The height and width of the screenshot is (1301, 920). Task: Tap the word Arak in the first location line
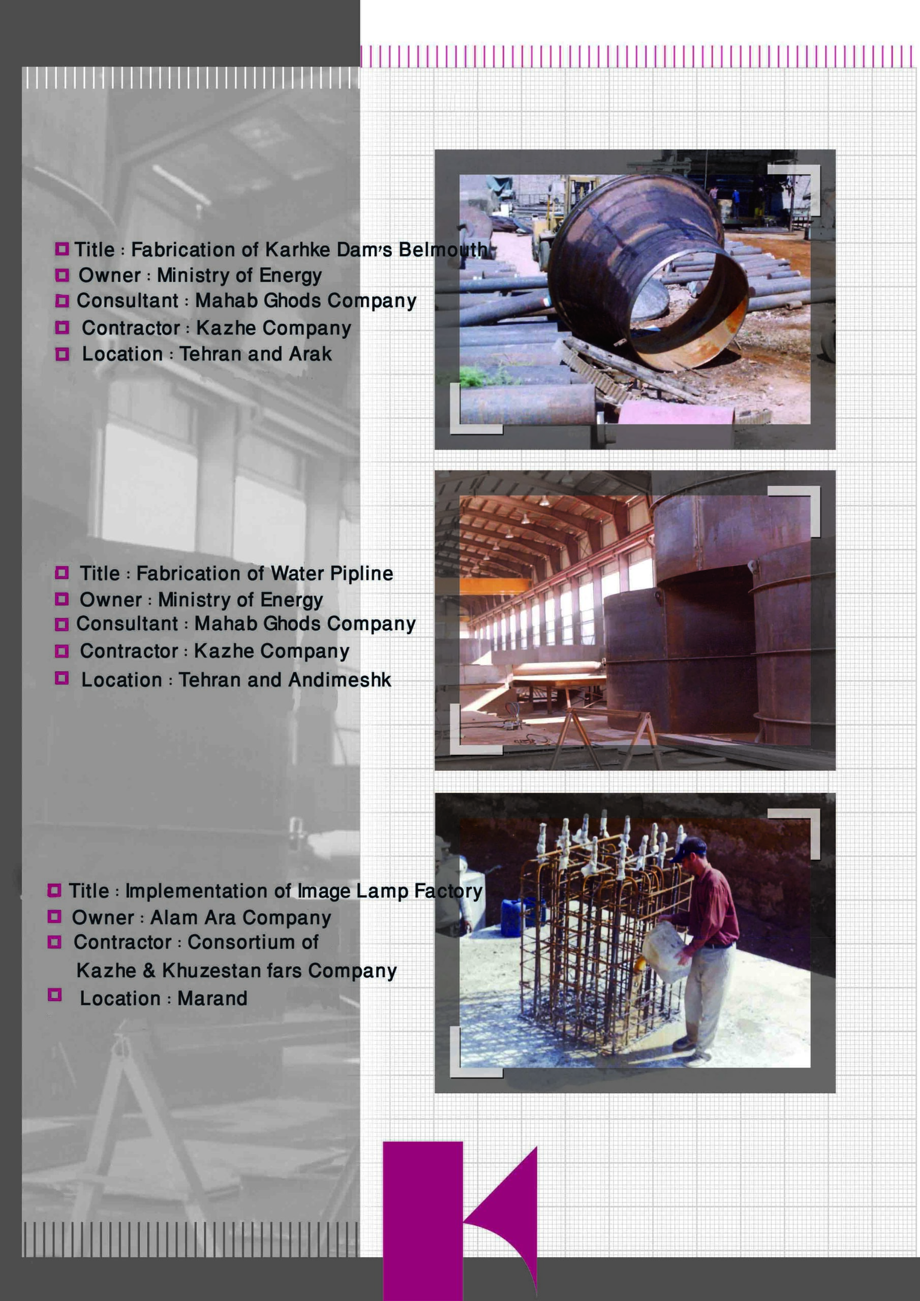310,354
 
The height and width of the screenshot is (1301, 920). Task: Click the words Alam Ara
193,917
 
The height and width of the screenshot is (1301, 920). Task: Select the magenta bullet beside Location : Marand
54,995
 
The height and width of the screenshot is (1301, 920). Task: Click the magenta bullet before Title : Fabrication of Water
62,573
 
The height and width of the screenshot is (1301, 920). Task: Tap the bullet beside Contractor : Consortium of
54,942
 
